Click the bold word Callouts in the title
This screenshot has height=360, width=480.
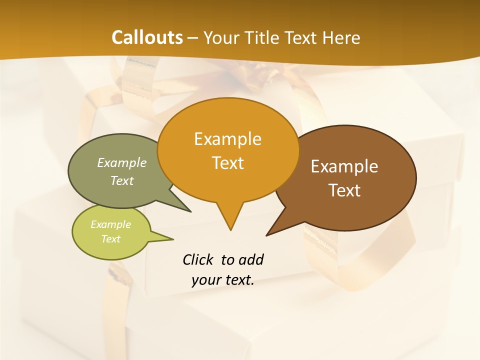[147, 37]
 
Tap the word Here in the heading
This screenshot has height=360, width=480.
[342, 37]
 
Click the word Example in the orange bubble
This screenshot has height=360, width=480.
[227, 139]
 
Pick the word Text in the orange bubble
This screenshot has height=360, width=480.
[227, 163]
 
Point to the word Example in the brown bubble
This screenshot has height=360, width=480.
[344, 166]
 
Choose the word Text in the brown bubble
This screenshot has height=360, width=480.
[344, 190]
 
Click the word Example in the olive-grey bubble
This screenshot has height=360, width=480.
[122, 163]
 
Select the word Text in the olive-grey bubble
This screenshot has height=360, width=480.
[122, 180]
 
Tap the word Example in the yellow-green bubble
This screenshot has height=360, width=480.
[110, 224]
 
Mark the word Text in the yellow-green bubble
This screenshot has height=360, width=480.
[110, 239]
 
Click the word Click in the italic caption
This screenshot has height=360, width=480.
[197, 259]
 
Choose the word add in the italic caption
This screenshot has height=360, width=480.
[251, 259]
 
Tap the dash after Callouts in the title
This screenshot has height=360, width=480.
[193, 37]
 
